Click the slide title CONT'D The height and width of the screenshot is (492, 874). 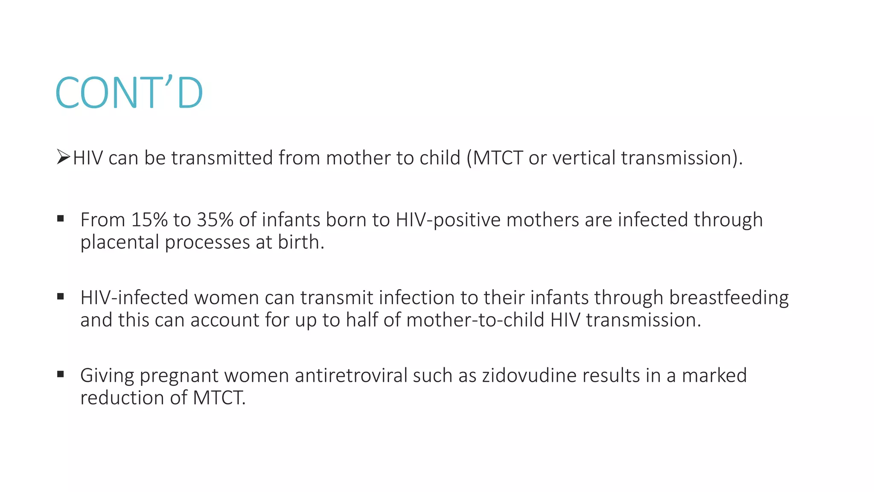tap(129, 93)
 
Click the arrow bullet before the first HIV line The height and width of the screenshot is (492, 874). tap(63, 157)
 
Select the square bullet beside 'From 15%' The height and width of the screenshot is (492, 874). tap(61, 219)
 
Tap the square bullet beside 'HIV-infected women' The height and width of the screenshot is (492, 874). tap(61, 296)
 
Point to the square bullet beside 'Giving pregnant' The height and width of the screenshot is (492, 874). tap(61, 374)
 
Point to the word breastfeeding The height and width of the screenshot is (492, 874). tap(728, 298)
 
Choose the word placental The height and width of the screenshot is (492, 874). tap(120, 242)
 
